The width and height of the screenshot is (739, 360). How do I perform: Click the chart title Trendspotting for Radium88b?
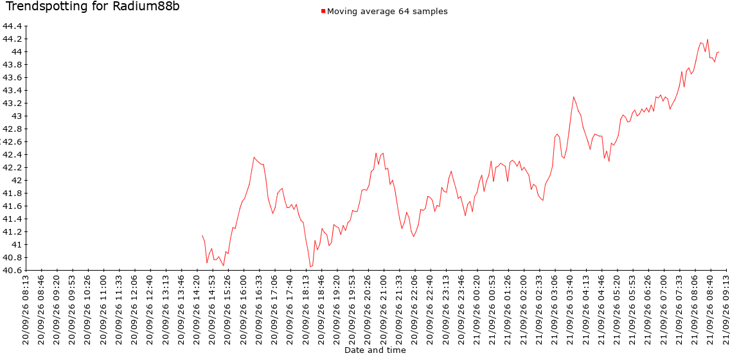(x=93, y=6)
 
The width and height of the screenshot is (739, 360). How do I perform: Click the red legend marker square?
(x=323, y=11)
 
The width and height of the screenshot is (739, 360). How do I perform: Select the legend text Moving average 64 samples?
(x=387, y=12)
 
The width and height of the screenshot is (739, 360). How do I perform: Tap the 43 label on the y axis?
(x=17, y=116)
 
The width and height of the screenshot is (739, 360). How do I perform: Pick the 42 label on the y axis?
(x=17, y=181)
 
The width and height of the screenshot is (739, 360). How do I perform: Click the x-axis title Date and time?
(x=375, y=350)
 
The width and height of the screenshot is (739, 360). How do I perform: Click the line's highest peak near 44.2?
(x=708, y=40)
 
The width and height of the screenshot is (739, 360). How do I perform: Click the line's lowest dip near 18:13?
(x=310, y=267)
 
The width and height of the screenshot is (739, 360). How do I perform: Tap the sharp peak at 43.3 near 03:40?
(x=574, y=96)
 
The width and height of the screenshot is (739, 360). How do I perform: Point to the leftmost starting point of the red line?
(x=202, y=235)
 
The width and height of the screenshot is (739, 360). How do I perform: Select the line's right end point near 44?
(x=718, y=52)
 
